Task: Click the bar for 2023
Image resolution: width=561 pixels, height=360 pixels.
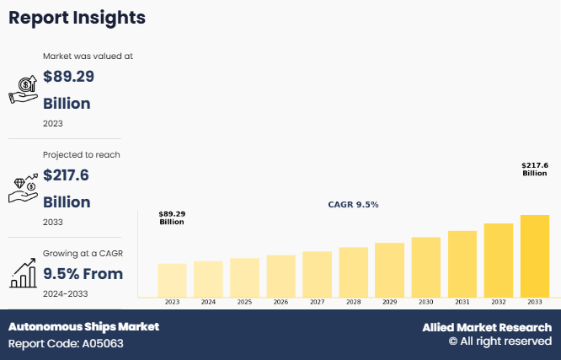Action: pos(172,280)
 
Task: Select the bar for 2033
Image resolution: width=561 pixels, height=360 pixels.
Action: pos(534,255)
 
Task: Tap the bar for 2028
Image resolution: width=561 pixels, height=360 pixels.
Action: pos(353,271)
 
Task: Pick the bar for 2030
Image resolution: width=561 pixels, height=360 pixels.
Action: pos(425,266)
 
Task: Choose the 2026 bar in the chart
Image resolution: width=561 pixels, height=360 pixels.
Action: pos(280,276)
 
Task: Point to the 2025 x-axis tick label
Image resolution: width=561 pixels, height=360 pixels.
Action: pos(244,302)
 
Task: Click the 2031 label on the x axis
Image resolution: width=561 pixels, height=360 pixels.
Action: pos(462,302)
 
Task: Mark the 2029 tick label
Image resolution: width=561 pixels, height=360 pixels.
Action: pos(389,302)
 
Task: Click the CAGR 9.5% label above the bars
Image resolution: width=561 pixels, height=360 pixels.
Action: pos(353,205)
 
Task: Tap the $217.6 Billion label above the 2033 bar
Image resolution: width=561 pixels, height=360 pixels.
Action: pos(534,169)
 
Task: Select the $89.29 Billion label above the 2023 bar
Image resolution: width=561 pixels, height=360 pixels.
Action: pos(172,218)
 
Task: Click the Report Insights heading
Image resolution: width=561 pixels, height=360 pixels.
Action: pos(77,18)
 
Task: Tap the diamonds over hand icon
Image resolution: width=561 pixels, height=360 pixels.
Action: pos(23,188)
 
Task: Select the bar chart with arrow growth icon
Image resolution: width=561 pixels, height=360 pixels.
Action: pos(23,272)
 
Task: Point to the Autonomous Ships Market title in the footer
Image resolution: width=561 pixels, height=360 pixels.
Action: pos(83,326)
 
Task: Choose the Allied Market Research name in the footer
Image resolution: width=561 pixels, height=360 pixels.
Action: pos(487,327)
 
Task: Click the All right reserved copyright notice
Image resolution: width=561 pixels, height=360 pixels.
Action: pos(500,341)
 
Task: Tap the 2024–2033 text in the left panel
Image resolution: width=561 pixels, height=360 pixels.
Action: pos(66,293)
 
